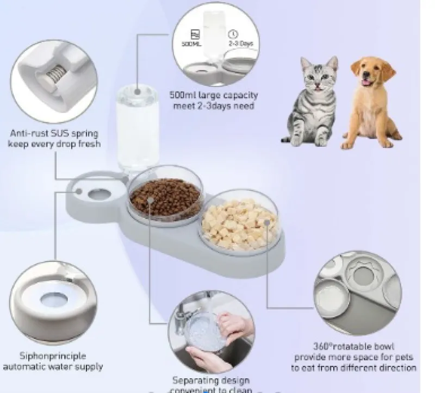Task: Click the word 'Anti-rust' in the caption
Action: click(x=30, y=133)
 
